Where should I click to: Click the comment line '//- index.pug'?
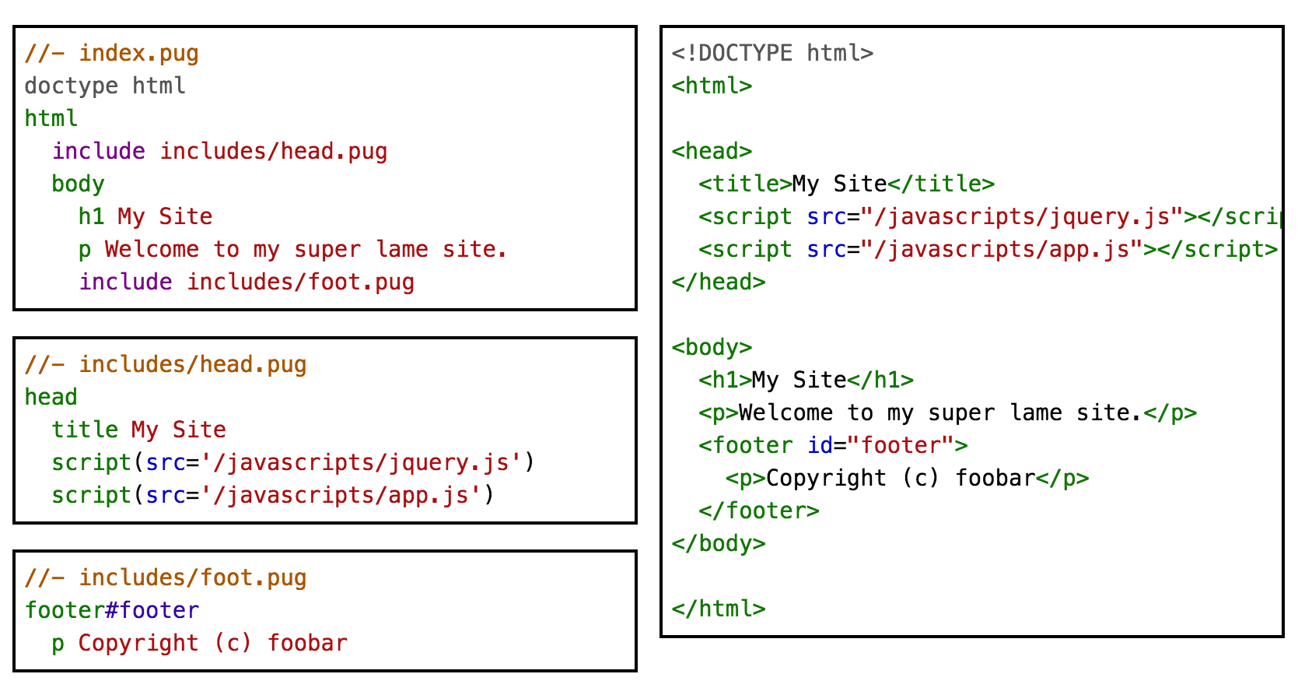coord(111,53)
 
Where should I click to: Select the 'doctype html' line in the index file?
coord(105,86)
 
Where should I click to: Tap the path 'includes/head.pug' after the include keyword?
coord(273,151)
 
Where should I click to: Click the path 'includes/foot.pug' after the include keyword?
coord(300,282)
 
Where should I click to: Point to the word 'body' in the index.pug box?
coord(78,184)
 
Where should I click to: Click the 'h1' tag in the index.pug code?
coord(91,216)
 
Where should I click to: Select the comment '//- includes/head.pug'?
coord(166,364)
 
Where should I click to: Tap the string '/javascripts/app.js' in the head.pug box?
coord(341,495)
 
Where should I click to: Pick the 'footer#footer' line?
coord(112,610)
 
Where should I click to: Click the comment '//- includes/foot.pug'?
coord(166,577)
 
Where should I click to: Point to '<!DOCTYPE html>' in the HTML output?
coord(772,53)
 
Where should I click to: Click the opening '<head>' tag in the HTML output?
coord(712,151)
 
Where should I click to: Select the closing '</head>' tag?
coord(719,282)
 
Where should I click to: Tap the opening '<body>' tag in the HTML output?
coord(712,347)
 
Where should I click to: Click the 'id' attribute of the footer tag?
coord(820,445)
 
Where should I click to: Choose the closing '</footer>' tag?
coord(759,511)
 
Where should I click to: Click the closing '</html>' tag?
coord(719,609)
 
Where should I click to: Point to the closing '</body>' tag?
coord(719,543)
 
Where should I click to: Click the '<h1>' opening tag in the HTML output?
coord(725,380)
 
